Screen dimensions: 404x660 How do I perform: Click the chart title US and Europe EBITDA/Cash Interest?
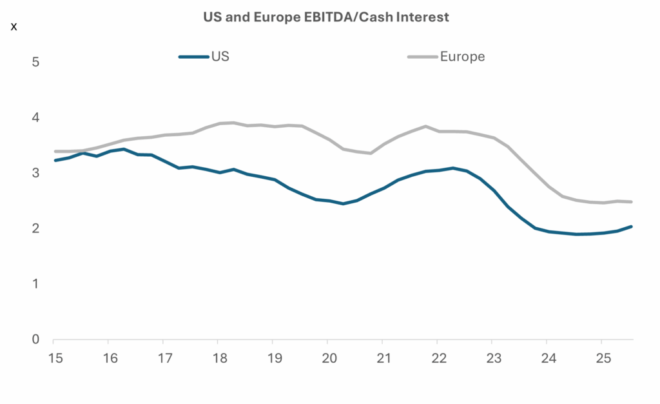[325, 17]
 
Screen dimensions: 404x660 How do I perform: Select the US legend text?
[220, 56]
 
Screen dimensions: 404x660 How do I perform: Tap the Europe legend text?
[462, 56]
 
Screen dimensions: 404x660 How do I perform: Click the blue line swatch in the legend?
[193, 57]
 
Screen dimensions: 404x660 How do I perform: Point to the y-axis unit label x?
[14, 26]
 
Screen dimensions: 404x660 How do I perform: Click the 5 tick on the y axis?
[36, 63]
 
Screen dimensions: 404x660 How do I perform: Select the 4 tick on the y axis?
[36, 118]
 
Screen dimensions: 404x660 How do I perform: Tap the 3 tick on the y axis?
[36, 174]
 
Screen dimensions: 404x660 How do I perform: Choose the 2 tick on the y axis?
[36, 228]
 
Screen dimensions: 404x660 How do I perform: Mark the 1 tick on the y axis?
[36, 284]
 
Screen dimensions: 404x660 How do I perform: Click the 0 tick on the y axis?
[36, 339]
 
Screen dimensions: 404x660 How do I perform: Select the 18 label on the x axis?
[218, 358]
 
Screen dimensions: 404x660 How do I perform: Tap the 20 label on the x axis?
[327, 358]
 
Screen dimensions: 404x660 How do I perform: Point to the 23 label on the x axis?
[492, 358]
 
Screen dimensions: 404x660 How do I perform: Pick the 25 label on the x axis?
[601, 358]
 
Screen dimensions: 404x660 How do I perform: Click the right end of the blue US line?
[631, 227]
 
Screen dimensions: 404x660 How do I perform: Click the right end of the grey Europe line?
[631, 202]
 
